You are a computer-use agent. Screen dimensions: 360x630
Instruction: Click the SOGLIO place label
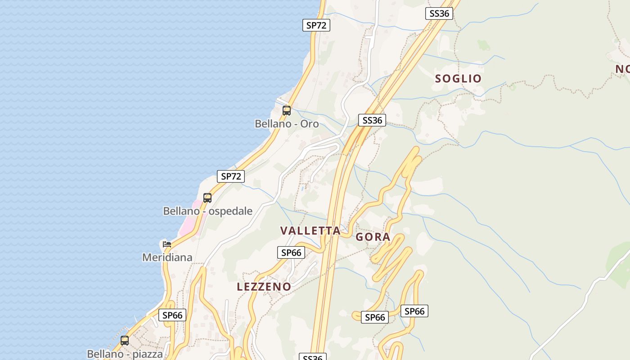coord(458,78)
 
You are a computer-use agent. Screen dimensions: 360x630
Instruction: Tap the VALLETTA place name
coord(310,231)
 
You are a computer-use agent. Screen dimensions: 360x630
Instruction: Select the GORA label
coord(373,237)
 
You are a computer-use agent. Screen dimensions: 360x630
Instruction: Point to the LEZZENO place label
coord(264,287)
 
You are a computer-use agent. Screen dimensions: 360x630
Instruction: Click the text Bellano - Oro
coord(287,124)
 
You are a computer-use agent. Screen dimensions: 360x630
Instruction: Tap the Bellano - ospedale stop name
coord(207,211)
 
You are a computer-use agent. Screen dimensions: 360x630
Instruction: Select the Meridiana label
coord(167,257)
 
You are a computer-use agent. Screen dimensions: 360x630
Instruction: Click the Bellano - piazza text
coord(125,354)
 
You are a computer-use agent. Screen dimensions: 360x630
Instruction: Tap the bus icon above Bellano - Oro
coord(287,110)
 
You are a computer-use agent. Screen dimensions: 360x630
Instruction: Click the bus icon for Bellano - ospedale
coord(207,198)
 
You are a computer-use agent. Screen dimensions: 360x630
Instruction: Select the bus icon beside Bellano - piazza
coord(125,341)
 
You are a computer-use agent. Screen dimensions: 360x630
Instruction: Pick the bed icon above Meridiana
coord(167,244)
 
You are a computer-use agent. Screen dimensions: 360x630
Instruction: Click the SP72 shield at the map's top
coord(316,25)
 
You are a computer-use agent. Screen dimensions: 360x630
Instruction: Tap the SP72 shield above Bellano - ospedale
coord(231,176)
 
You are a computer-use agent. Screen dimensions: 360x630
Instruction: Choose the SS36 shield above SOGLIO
coord(439,13)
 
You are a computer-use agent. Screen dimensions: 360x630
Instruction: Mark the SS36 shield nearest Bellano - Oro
coord(372,120)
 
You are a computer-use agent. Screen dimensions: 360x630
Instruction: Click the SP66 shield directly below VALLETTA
coord(291,252)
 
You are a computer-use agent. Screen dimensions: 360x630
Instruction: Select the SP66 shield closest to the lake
coord(172,315)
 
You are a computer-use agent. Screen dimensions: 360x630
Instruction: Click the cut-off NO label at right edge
coord(623,69)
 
